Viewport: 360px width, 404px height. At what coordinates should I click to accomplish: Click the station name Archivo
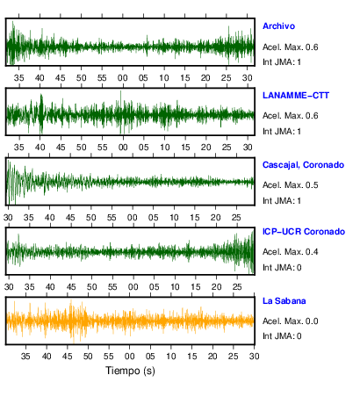(x=278, y=26)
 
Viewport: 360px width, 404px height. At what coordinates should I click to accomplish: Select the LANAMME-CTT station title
(x=296, y=96)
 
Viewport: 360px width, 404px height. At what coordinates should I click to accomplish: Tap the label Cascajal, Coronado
(x=303, y=165)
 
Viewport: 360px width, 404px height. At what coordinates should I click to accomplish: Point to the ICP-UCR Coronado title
(x=304, y=232)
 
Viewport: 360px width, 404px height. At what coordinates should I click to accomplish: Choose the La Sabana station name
(x=284, y=301)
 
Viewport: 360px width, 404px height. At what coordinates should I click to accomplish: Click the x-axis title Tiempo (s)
(x=130, y=371)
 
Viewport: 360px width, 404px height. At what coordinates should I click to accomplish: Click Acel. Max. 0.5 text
(x=290, y=185)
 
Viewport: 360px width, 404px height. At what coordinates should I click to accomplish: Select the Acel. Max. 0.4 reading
(x=290, y=252)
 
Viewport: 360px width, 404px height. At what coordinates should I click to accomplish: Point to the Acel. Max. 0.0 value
(x=290, y=321)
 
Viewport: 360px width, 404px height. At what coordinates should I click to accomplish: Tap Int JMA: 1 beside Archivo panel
(x=282, y=62)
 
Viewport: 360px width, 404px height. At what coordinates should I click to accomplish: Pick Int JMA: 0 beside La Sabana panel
(x=282, y=336)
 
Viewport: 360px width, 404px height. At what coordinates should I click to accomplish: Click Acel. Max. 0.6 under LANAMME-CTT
(x=290, y=116)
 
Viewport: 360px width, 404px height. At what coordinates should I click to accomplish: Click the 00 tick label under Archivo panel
(x=123, y=78)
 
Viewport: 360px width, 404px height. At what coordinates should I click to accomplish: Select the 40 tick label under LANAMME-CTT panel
(x=40, y=148)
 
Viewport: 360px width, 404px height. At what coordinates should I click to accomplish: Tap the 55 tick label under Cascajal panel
(x=112, y=218)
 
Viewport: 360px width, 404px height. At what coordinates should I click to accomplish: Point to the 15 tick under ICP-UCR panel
(x=196, y=287)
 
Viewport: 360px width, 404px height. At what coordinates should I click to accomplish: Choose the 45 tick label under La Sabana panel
(x=67, y=357)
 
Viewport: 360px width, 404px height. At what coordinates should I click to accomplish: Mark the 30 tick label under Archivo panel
(x=248, y=78)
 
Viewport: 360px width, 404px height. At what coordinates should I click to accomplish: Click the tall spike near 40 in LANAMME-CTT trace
(x=41, y=113)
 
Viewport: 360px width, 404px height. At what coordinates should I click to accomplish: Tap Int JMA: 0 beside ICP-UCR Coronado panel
(x=282, y=268)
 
